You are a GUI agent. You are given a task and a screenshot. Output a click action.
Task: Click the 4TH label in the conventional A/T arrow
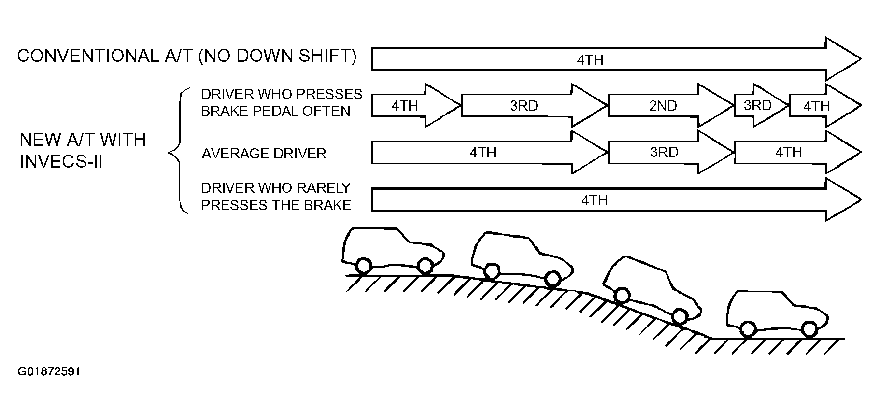coord(590,60)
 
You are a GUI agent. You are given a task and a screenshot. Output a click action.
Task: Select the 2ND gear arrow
coord(671,105)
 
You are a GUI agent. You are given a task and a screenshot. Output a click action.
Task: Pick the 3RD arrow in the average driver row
coord(671,153)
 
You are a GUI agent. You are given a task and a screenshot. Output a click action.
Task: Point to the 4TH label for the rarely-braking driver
coord(594,200)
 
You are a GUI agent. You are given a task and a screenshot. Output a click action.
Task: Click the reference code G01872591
coord(49,372)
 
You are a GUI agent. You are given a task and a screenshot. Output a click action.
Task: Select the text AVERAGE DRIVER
coord(264,154)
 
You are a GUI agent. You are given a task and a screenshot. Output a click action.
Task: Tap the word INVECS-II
coord(61,162)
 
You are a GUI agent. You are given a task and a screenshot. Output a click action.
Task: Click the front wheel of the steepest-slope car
coord(679,317)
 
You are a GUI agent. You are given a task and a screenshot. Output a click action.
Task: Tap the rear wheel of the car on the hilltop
coord(363,266)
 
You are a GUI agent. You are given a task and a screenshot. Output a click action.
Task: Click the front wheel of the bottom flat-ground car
coord(809,329)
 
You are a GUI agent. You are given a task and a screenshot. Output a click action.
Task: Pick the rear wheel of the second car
coord(491,271)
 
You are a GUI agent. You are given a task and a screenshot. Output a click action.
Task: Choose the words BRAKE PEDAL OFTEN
coord(276,111)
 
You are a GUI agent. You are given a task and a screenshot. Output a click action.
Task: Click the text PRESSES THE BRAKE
coord(276,205)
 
